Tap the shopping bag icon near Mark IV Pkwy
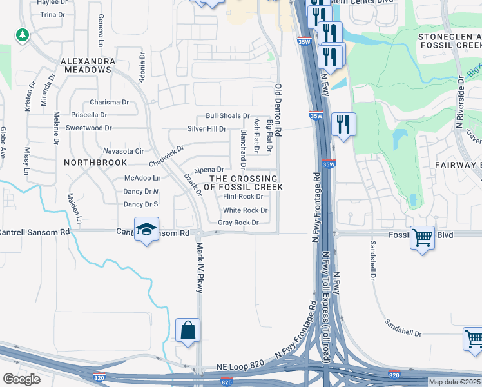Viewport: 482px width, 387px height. [188, 331]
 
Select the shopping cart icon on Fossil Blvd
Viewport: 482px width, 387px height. [422, 237]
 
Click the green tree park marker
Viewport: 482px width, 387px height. [23, 35]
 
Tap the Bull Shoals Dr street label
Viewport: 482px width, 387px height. [227, 116]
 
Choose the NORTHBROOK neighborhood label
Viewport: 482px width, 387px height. [95, 163]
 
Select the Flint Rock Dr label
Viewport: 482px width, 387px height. [242, 197]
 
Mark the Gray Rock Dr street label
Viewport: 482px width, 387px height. [238, 223]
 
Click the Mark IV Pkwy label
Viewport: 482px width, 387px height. [199, 266]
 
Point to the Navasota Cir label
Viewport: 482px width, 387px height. [122, 151]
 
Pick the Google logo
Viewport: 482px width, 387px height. [21, 379]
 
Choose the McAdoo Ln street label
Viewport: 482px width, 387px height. [142, 177]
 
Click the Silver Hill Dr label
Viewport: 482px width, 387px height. [206, 129]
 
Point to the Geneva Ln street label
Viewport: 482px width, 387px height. [101, 32]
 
